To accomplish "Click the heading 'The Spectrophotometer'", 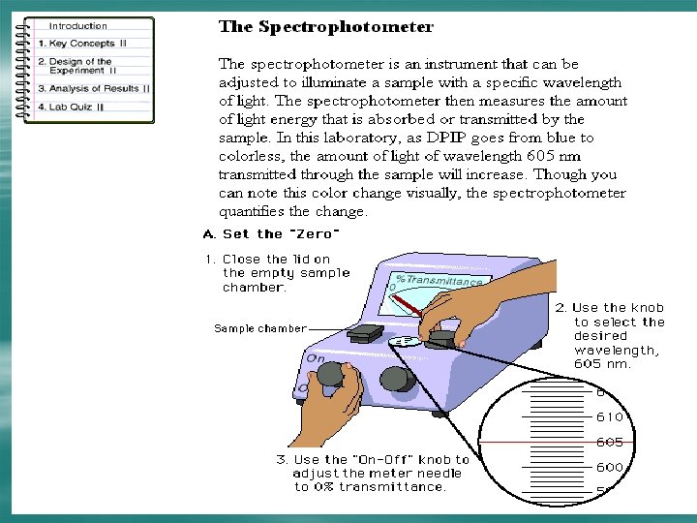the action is (325, 27).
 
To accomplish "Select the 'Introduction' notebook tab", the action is (78, 26).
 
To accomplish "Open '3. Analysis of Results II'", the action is (93, 88).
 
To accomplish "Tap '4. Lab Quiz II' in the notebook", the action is (71, 106).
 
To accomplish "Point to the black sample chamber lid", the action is (366, 332).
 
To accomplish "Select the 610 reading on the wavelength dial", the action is (610, 417).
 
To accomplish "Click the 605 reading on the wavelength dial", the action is (610, 443).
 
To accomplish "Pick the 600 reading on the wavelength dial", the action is (610, 467).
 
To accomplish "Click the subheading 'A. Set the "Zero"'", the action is (271, 234).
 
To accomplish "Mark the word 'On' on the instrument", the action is (316, 357).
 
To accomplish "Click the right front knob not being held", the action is (397, 378).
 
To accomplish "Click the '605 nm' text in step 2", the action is (602, 364).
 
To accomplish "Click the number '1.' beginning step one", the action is (209, 259).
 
